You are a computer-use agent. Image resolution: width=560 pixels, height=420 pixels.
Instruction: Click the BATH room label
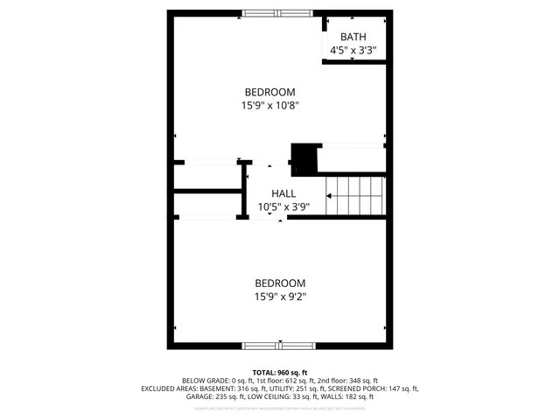353,37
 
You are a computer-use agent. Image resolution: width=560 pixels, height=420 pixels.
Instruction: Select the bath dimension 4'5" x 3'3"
353,51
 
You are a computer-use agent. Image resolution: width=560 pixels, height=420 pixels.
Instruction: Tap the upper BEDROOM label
269,92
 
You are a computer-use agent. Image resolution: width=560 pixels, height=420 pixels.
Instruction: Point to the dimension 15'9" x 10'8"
269,106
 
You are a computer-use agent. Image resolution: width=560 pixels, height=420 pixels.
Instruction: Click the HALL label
283,193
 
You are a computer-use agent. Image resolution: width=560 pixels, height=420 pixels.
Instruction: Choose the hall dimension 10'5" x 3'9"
283,207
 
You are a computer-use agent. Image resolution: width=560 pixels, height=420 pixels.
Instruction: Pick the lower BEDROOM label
280,283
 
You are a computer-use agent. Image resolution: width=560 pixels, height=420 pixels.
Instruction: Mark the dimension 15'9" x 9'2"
280,297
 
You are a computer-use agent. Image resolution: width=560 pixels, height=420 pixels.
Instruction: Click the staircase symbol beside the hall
355,194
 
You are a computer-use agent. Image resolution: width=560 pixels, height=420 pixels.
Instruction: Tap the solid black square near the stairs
304,157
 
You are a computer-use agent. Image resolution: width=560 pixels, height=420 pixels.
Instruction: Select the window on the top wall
275,13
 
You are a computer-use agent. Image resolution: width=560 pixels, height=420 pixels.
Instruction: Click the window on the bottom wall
275,345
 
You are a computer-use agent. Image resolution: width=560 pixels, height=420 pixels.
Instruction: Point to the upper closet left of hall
206,175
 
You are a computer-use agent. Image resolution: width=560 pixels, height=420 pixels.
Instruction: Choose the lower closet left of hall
206,205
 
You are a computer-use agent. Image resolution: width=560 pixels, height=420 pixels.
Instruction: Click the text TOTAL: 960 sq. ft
280,373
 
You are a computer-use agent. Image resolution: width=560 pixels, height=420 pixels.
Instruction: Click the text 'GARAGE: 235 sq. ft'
219,396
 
